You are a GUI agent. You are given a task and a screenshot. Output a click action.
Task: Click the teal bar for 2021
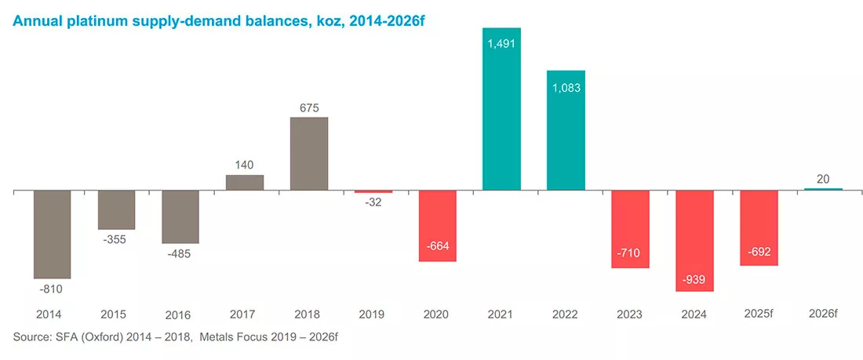click(x=501, y=109)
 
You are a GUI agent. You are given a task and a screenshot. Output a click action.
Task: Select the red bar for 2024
click(x=694, y=241)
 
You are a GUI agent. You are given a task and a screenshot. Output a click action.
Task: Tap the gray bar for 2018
click(x=309, y=154)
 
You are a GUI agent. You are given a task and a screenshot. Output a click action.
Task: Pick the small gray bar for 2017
click(x=244, y=183)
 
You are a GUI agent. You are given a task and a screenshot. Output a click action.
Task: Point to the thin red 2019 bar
click(x=373, y=192)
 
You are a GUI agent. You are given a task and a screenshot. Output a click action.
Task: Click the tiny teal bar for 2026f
click(x=823, y=189)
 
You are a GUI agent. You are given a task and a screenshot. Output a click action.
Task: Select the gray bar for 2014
click(x=53, y=235)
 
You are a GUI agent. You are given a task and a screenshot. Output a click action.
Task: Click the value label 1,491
click(x=501, y=43)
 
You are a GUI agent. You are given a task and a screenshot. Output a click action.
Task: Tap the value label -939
click(x=694, y=280)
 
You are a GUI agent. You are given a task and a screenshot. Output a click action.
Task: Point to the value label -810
click(x=52, y=289)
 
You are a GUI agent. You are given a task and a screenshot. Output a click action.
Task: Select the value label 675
click(x=309, y=107)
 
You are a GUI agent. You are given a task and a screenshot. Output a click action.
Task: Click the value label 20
click(x=823, y=179)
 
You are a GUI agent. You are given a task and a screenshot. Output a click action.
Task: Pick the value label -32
click(x=373, y=203)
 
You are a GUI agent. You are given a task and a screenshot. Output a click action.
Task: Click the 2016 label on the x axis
click(x=177, y=315)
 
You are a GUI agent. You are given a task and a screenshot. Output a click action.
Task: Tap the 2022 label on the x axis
click(x=565, y=315)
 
